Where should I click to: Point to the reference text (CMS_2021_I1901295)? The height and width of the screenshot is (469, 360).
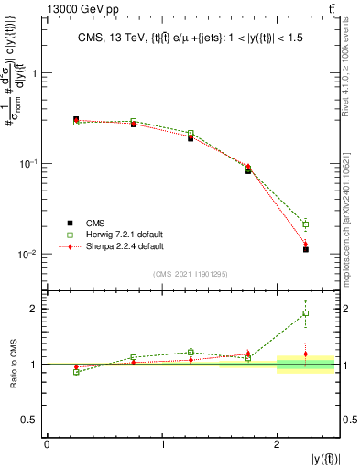pyautogui.click(x=190, y=274)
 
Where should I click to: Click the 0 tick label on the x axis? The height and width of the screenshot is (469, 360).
pyautogui.click(x=47, y=444)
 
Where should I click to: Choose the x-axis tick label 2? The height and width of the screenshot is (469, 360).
pyautogui.click(x=278, y=444)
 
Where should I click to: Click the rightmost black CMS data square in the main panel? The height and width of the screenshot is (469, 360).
pyautogui.click(x=306, y=249)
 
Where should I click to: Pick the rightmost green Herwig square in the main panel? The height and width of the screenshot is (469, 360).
pyautogui.click(x=306, y=224)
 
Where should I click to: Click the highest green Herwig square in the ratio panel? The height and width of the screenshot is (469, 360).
pyautogui.click(x=306, y=313)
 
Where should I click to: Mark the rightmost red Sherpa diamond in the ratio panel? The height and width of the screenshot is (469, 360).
pyautogui.click(x=306, y=354)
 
